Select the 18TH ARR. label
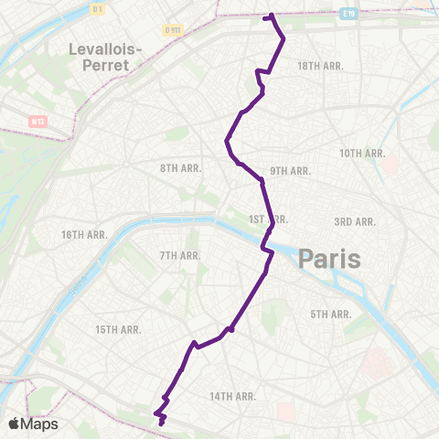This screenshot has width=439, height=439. pyautogui.click(x=319, y=66)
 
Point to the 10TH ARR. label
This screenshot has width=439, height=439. pyautogui.click(x=362, y=153)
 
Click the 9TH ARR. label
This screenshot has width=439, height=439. pyautogui.click(x=291, y=171)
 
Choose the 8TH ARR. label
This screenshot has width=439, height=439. pyautogui.click(x=181, y=168)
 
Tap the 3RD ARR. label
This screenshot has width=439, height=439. pyautogui.click(x=355, y=222)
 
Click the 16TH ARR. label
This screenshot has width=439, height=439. pyautogui.click(x=85, y=235)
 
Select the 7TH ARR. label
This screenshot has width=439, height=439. pyautogui.click(x=180, y=255)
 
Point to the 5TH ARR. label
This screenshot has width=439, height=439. pyautogui.click(x=331, y=314)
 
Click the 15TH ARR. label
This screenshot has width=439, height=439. pyautogui.click(x=118, y=329)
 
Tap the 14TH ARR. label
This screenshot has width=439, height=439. pyautogui.click(x=232, y=396)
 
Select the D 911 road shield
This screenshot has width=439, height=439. pyautogui.click(x=174, y=30)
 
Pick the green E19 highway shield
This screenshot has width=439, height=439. pyautogui.click(x=348, y=14)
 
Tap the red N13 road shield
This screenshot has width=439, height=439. pyautogui.click(x=37, y=120)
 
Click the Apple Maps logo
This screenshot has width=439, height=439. pyautogui.click(x=33, y=423)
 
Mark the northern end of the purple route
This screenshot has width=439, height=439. pyautogui.click(x=271, y=16)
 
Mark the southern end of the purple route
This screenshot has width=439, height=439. pyautogui.click(x=161, y=423)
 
